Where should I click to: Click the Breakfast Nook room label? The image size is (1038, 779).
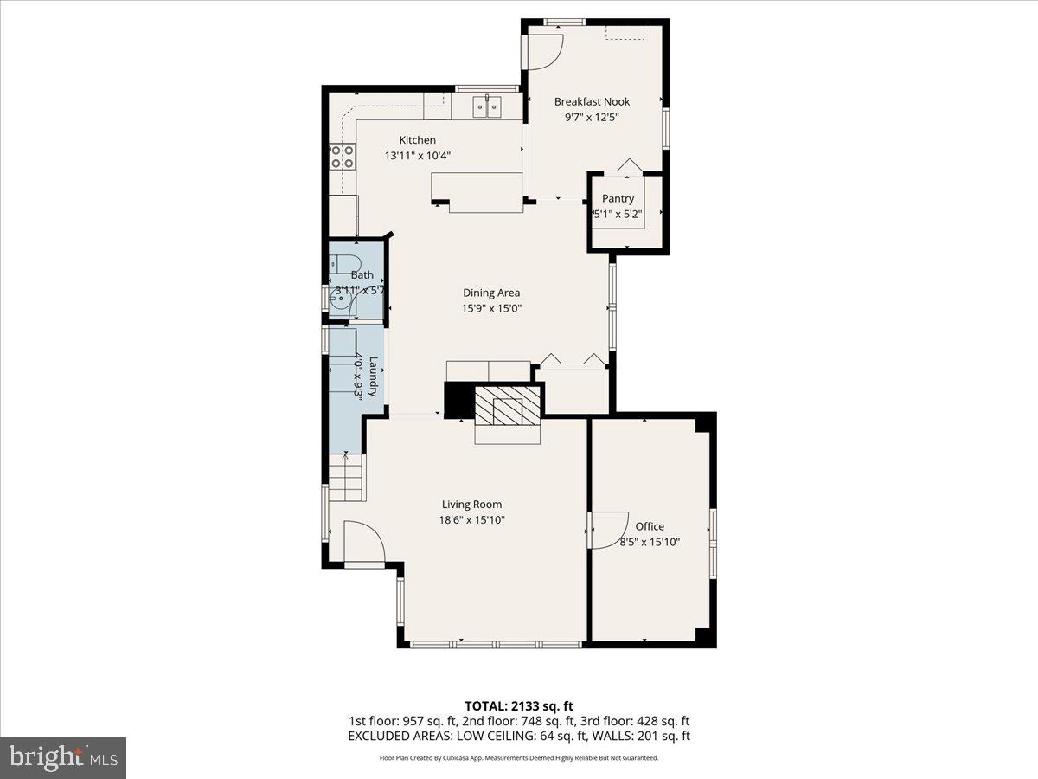pos(592,101)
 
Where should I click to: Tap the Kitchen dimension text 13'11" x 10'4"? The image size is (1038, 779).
pos(418,156)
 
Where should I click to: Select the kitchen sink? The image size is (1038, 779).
pos(488,106)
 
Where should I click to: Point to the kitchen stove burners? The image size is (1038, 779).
pos(343,156)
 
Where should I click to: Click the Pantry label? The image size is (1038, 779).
pos(618,198)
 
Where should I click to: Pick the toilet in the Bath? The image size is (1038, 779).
pos(339,263)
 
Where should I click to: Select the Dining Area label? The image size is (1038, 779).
pos(491,293)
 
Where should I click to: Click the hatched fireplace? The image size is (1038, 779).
pos(508,405)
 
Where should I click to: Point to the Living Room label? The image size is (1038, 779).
pos(471,505)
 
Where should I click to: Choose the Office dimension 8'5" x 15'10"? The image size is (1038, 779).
pos(650,542)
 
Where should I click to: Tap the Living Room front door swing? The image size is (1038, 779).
pos(363,542)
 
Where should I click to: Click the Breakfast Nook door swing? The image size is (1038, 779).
pos(545,49)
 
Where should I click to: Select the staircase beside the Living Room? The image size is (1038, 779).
pos(348,479)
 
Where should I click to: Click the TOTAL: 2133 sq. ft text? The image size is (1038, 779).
pos(518,705)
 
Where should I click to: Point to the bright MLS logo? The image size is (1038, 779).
pos(63,757)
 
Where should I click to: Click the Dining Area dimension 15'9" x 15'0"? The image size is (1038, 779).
pos(491,308)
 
